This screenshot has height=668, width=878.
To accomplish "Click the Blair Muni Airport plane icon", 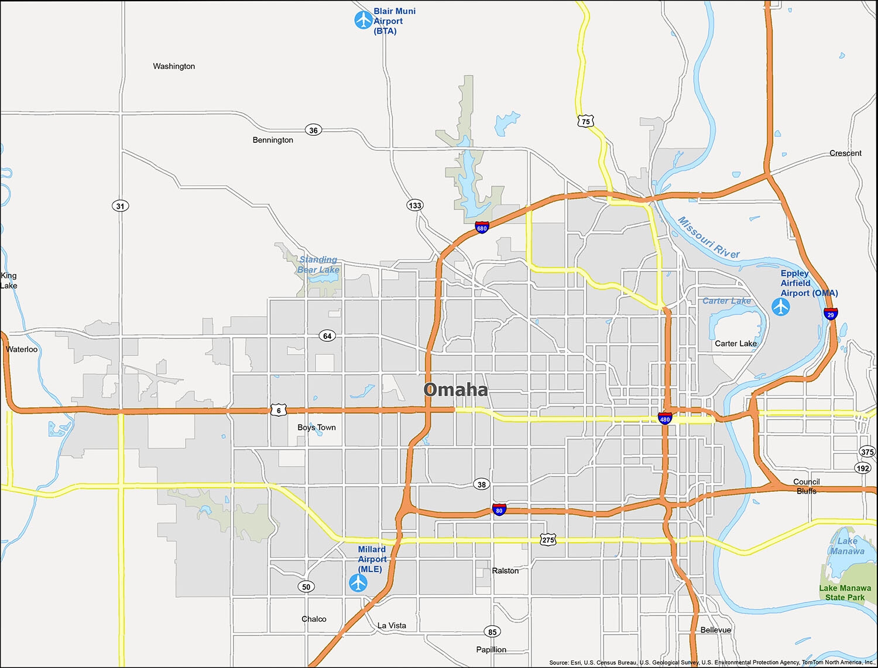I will (x=363, y=20).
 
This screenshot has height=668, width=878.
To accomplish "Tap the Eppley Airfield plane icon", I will (x=781, y=306).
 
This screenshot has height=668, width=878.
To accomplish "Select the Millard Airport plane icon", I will (x=358, y=583).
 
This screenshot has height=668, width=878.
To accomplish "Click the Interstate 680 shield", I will (x=482, y=228).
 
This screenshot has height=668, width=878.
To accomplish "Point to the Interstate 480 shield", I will (x=665, y=419).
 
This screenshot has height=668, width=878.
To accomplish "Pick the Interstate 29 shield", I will (x=831, y=314).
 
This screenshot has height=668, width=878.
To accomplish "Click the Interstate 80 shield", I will (x=499, y=510).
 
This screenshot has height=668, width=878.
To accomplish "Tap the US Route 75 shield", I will (x=586, y=121).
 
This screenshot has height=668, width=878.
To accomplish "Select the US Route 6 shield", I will (x=279, y=410).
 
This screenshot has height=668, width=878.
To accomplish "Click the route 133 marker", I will (x=415, y=205).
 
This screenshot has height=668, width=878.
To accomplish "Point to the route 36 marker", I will (x=314, y=130).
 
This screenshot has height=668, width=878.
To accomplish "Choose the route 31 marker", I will (x=120, y=205).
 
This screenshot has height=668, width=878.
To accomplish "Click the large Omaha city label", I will (x=455, y=390).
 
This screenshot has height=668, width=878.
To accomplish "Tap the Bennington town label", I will (x=273, y=140).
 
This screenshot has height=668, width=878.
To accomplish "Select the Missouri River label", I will (x=708, y=237).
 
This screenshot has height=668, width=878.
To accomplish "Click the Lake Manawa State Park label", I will (x=845, y=592).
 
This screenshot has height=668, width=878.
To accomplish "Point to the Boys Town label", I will (x=317, y=427).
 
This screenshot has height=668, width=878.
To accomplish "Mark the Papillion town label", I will (x=491, y=649).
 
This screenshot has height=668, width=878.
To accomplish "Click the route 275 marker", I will (x=548, y=540).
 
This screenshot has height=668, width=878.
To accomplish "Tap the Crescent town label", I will (x=845, y=153).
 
